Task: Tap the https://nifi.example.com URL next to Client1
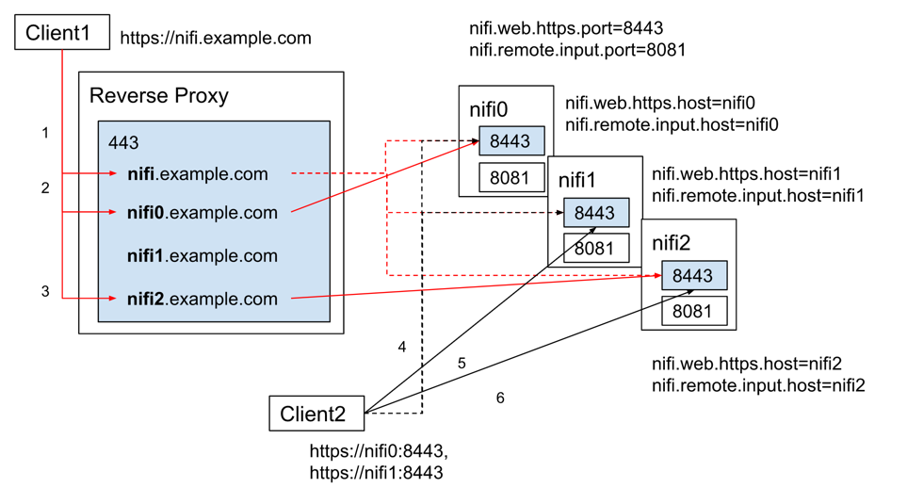tap(216, 39)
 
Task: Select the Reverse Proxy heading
tap(158, 96)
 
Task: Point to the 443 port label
tap(123, 143)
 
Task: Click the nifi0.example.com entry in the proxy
tap(202, 213)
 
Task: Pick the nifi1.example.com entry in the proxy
tap(202, 256)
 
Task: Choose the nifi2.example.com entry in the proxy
tap(202, 300)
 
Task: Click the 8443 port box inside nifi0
tap(511, 141)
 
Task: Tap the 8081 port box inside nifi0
tap(511, 177)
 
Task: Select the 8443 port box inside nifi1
tap(595, 213)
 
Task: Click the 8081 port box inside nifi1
tap(595, 249)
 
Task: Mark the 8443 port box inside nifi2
tap(693, 275)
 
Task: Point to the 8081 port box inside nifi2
tap(693, 311)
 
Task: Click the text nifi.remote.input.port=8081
tap(577, 50)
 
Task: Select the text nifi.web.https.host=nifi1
tap(746, 174)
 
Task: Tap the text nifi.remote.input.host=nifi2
tap(758, 385)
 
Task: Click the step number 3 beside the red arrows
tap(44, 292)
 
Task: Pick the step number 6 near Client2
tap(500, 398)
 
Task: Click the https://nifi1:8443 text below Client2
tap(376, 473)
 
